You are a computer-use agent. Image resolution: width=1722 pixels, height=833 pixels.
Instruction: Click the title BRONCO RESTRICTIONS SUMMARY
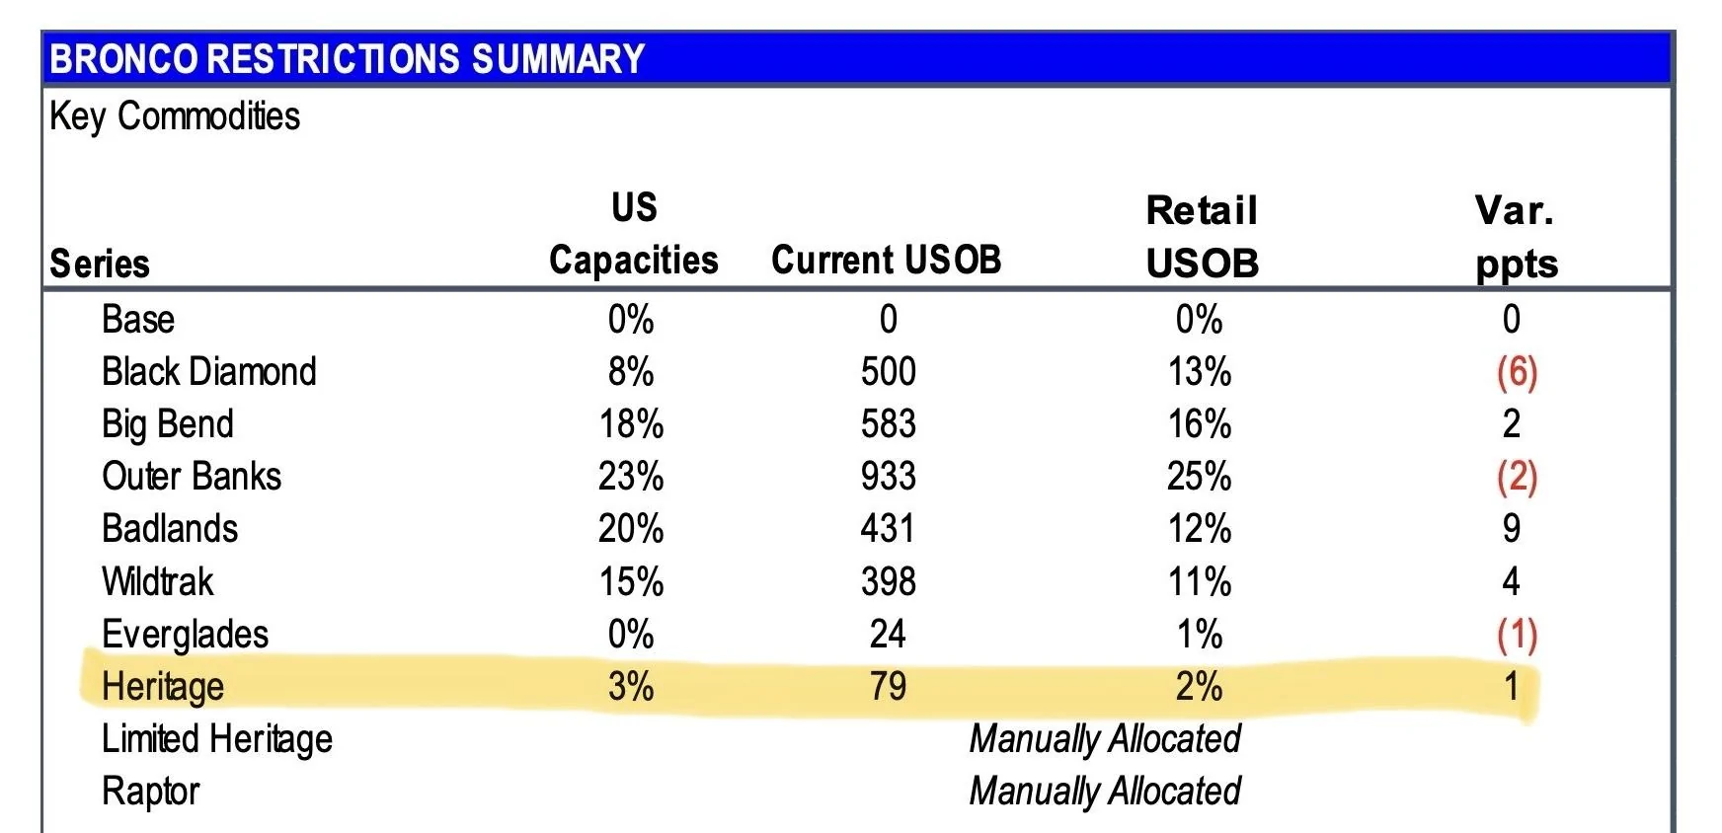coord(347,59)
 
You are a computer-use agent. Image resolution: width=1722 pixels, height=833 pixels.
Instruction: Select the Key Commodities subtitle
coord(175,116)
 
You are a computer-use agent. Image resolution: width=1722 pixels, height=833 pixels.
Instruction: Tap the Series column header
coord(100,264)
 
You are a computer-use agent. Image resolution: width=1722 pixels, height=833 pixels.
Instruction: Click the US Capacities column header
coord(633,234)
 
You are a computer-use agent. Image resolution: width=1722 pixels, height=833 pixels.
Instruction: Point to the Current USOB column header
coord(887,260)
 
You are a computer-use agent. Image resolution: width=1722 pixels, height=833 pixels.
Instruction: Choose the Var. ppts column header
coord(1516,237)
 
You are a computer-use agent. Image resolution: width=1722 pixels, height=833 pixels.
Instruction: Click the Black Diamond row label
coord(209,372)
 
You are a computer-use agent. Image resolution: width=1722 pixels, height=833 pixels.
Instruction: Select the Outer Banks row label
coord(192,477)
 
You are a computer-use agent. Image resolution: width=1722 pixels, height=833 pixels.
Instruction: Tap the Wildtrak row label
coord(158,581)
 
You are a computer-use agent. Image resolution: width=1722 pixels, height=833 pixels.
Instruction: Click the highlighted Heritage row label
coord(163,687)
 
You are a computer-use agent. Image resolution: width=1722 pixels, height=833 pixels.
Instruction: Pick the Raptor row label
coord(150,792)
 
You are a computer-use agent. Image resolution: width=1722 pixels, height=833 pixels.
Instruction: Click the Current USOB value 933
coord(888,477)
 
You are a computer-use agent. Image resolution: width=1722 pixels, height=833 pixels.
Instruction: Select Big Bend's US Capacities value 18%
coord(631,424)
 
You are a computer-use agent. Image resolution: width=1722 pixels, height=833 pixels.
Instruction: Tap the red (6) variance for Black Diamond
coord(1517,372)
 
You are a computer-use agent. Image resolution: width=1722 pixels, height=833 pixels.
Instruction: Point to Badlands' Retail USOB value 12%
coord(1200,529)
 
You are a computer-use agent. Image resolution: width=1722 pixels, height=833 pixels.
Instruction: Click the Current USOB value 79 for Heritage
coord(888,686)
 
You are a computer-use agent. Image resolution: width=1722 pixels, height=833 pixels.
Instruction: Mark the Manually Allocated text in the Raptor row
coord(1105,792)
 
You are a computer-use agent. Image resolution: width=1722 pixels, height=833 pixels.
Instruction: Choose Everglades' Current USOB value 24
coord(888,634)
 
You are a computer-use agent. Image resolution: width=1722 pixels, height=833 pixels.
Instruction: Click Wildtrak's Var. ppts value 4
coord(1511,581)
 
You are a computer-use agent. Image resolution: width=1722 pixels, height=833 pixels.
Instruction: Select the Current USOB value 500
coord(888,372)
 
